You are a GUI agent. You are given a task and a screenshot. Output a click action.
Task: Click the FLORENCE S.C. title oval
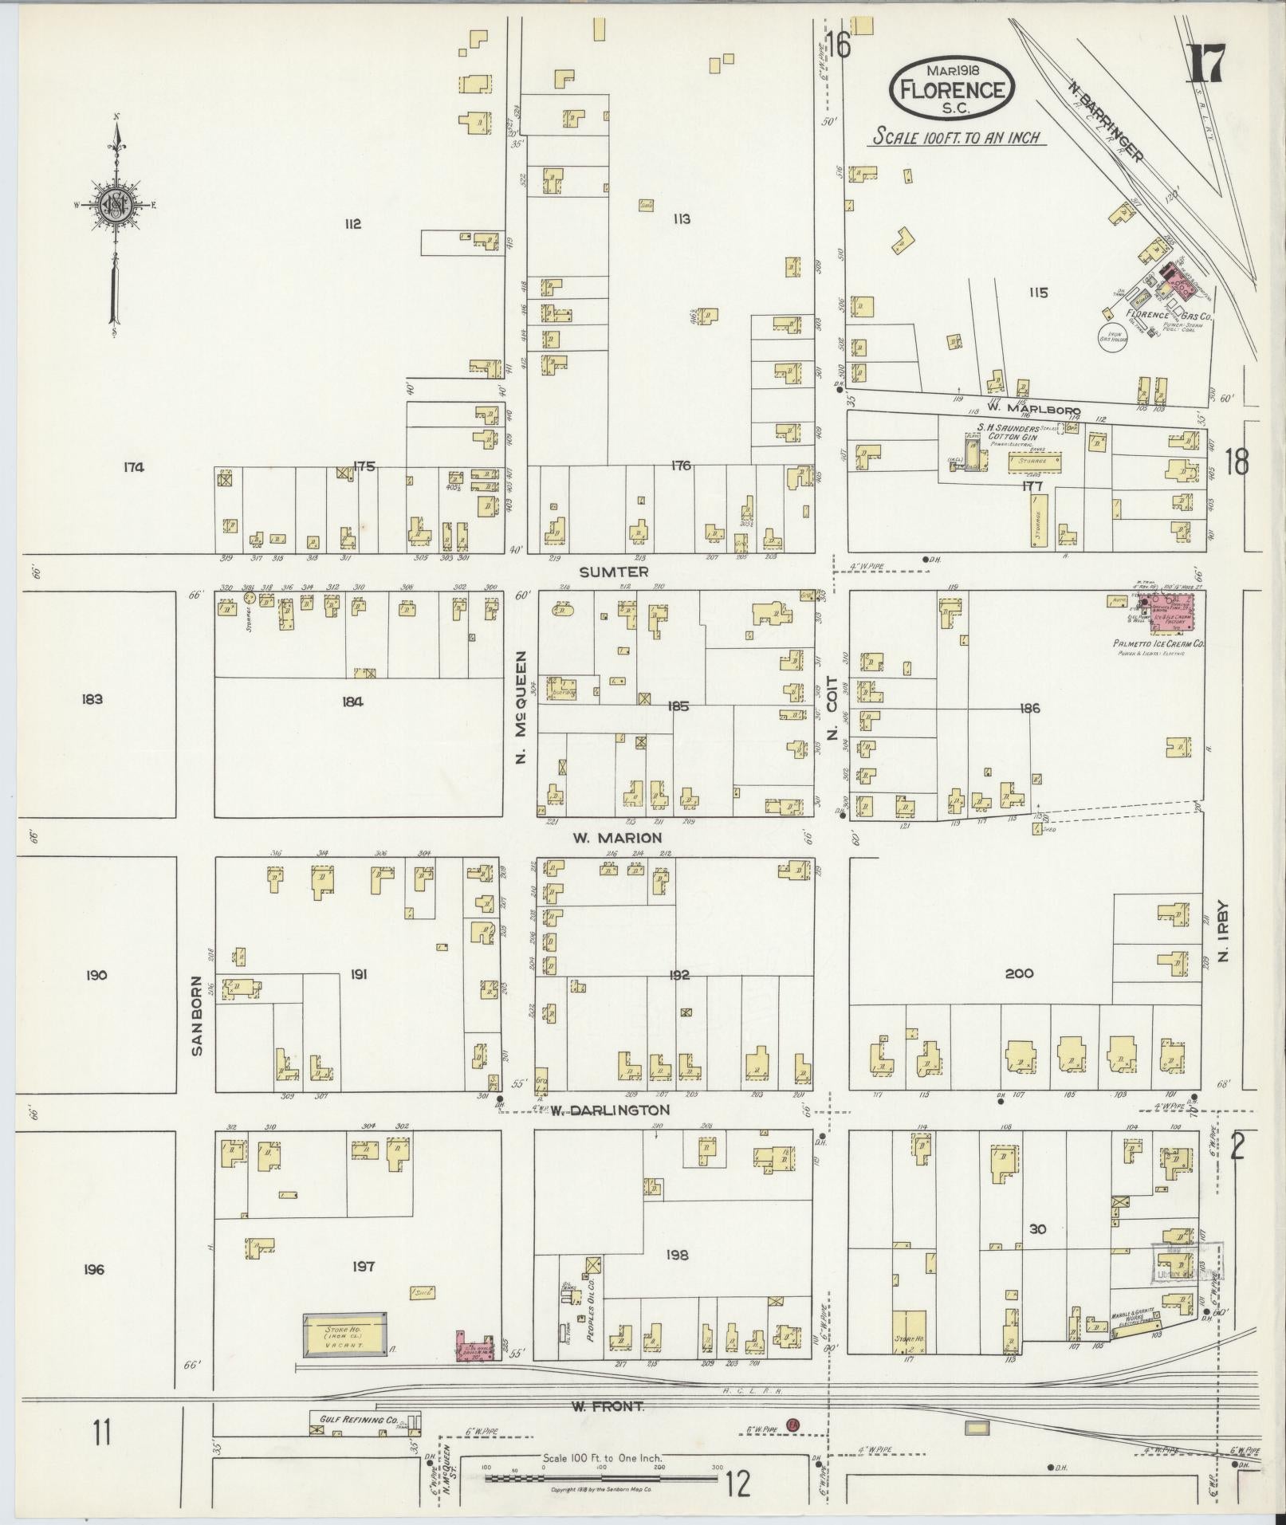pyautogui.click(x=951, y=89)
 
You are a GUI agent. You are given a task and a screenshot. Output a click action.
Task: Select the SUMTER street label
pyautogui.click(x=614, y=572)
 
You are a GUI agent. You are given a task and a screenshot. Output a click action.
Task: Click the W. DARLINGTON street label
pyautogui.click(x=610, y=1110)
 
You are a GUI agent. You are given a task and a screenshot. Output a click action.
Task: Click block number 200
pyautogui.click(x=1019, y=973)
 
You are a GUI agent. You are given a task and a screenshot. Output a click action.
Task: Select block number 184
pyautogui.click(x=352, y=702)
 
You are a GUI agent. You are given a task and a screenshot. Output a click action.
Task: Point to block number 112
pyautogui.click(x=352, y=224)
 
